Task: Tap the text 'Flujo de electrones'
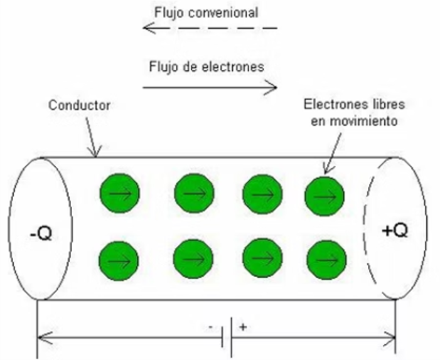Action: point(207,66)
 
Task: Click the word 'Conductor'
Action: point(79,105)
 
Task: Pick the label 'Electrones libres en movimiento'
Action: point(350,112)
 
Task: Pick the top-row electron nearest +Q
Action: point(325,196)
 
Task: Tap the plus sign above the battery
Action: point(242,327)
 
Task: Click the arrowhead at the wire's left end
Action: point(43,339)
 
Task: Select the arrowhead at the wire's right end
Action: point(390,339)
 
